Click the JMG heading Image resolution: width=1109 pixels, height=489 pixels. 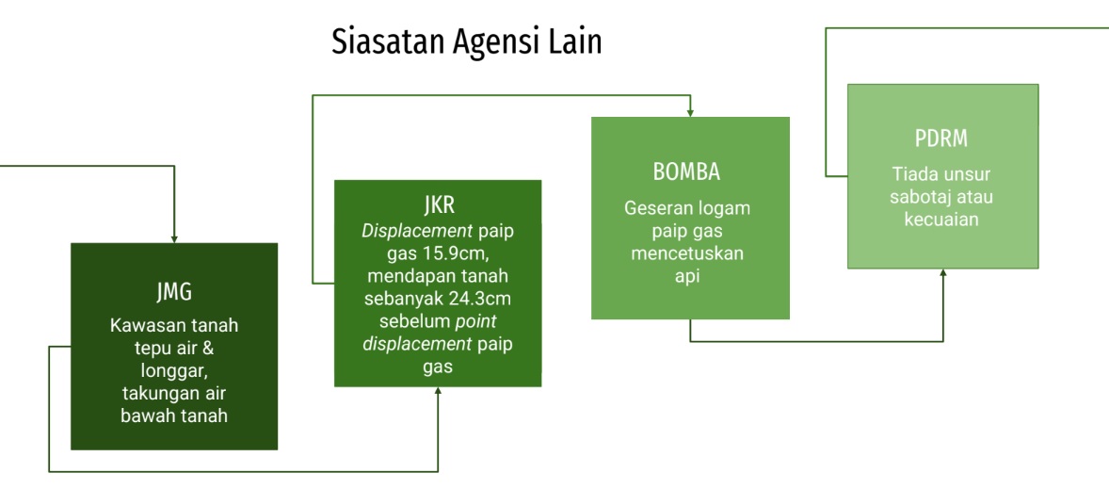(x=173, y=291)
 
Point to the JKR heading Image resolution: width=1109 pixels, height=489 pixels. (x=438, y=206)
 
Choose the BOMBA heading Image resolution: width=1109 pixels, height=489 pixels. (x=689, y=173)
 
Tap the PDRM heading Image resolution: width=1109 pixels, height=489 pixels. (x=941, y=139)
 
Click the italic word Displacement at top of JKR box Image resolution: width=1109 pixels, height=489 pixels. (x=417, y=231)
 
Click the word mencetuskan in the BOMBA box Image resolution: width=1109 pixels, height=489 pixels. (x=687, y=253)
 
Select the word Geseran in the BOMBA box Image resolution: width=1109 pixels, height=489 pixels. (x=651, y=208)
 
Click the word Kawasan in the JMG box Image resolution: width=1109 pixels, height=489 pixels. (x=141, y=326)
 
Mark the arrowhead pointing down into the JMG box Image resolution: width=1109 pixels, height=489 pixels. (x=174, y=239)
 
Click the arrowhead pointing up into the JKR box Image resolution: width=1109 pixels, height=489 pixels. (x=438, y=391)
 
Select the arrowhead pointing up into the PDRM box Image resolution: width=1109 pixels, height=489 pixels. (x=942, y=273)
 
